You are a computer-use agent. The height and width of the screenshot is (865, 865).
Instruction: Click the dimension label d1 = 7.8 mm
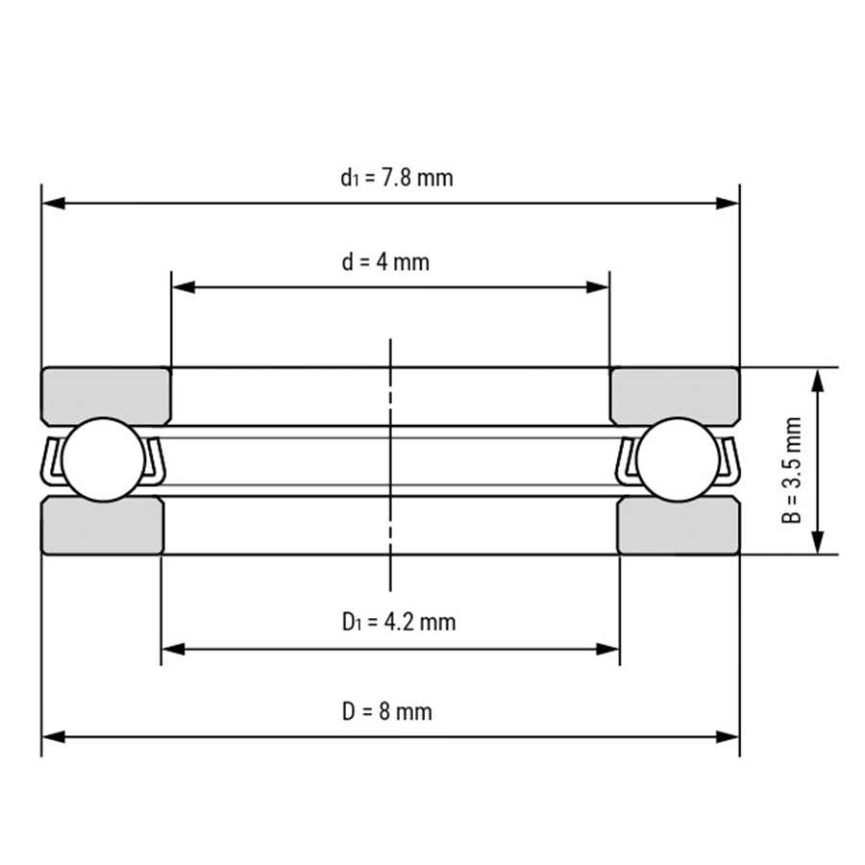[x=396, y=178]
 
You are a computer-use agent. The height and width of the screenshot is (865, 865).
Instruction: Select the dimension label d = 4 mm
[x=385, y=261]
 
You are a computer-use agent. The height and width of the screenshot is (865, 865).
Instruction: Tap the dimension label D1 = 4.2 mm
[x=398, y=622]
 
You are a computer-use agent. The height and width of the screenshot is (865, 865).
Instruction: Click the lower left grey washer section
[x=102, y=525]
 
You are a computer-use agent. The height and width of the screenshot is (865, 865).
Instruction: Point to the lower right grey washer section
[x=678, y=525]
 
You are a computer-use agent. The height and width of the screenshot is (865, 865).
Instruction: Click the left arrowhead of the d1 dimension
[x=54, y=204]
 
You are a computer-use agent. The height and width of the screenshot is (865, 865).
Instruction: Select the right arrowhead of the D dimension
[x=728, y=736]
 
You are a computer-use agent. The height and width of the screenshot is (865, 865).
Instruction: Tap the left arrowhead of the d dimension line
[x=183, y=286]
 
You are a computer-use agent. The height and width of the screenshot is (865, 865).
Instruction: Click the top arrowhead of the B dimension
[x=818, y=379]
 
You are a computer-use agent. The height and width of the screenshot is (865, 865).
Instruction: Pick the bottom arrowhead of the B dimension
[x=818, y=543]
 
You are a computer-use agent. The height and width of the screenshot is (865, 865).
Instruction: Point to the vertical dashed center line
[x=390, y=461]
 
